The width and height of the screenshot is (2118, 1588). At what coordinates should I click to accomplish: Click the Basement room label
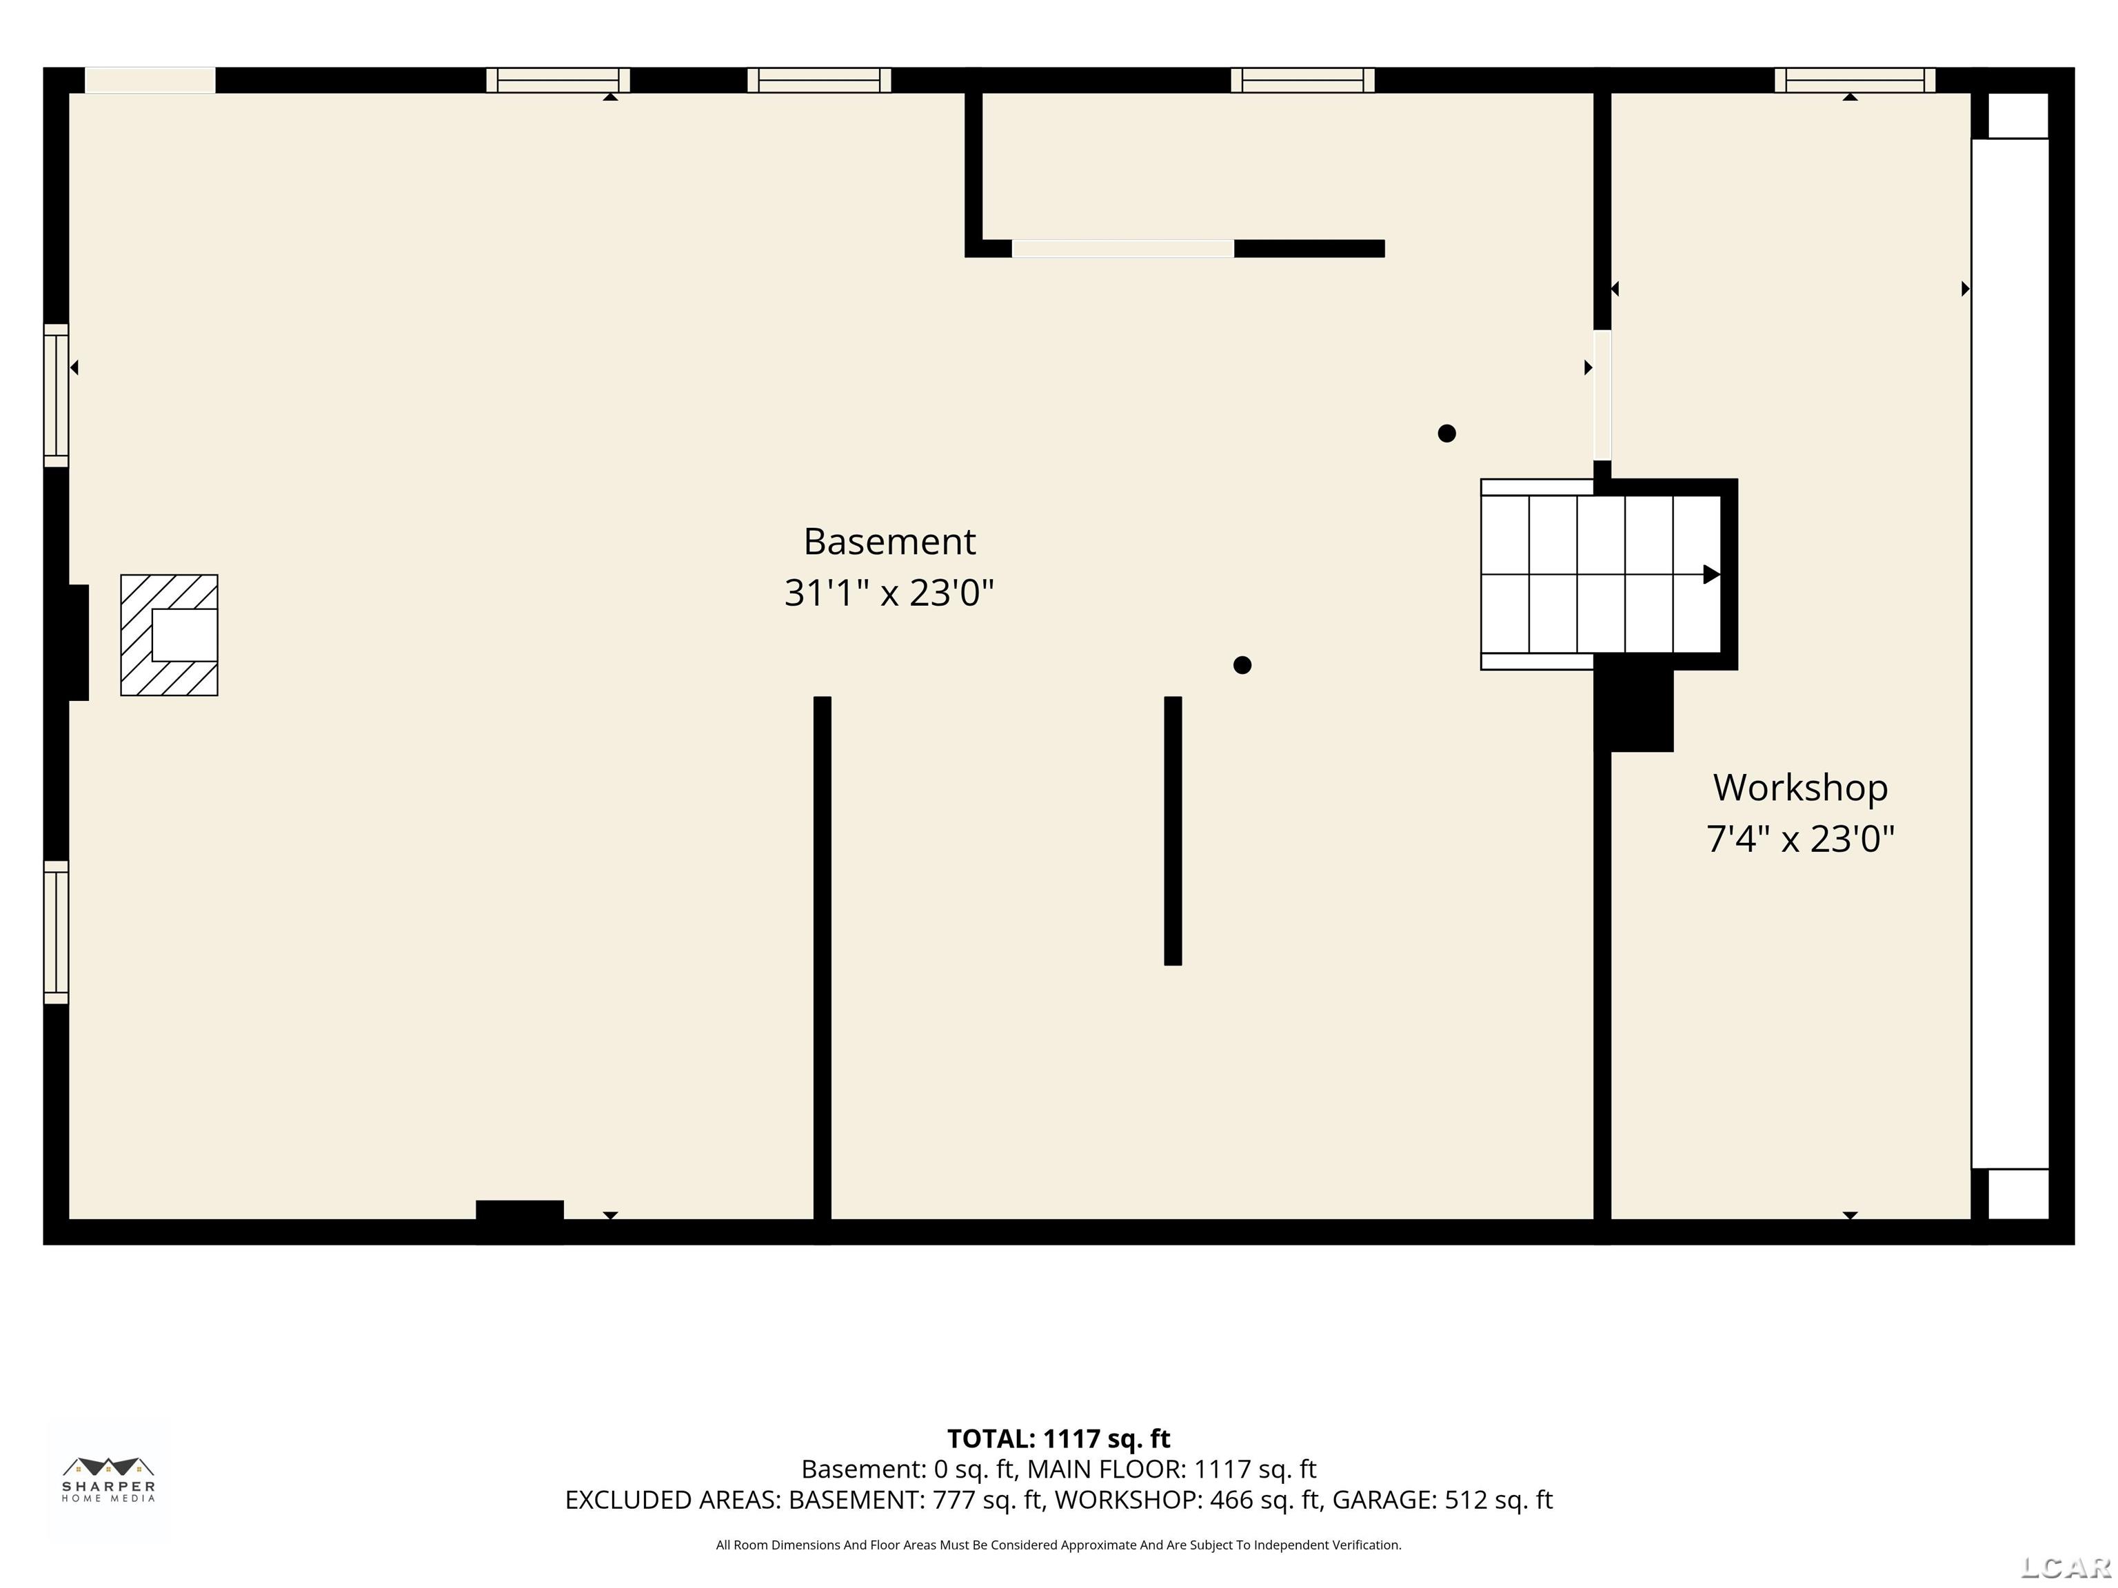[x=889, y=542]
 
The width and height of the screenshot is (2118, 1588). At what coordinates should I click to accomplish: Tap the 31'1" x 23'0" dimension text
[x=889, y=593]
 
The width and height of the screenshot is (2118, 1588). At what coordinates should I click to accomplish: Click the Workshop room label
[x=1800, y=788]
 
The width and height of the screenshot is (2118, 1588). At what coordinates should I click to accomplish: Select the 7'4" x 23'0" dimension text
[x=1800, y=839]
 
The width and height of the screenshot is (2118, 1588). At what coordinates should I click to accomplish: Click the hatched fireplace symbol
[x=170, y=635]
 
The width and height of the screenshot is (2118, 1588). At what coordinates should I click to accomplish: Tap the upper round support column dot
[x=1446, y=434]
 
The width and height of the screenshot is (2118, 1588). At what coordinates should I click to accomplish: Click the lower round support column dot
[x=1242, y=665]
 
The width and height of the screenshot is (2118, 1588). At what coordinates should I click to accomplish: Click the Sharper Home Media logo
[x=109, y=1480]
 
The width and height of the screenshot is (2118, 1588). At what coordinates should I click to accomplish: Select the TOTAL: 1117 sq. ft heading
[x=1059, y=1438]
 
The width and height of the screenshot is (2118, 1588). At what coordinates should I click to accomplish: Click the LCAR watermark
[x=2066, y=1567]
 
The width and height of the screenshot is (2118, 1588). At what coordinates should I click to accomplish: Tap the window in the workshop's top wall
[x=1855, y=81]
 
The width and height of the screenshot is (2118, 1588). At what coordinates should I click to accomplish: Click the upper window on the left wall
[x=57, y=396]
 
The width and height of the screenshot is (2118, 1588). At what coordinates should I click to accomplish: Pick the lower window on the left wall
[x=57, y=933]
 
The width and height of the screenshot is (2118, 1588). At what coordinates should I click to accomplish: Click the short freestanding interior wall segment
[x=1173, y=831]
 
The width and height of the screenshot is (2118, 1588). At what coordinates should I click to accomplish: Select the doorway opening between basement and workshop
[x=1602, y=396]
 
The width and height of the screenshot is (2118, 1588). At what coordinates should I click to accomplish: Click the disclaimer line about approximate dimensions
[x=1059, y=1545]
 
